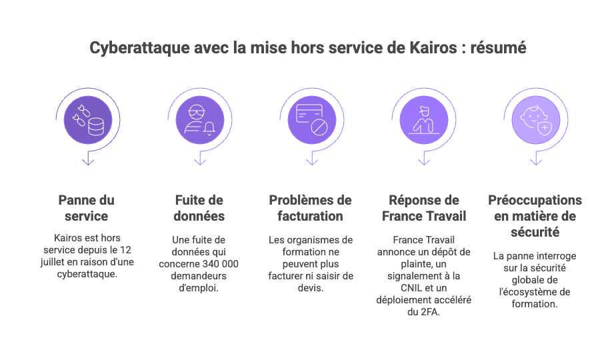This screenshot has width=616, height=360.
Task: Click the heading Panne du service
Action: [x=87, y=208]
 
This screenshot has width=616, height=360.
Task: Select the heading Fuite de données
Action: [x=199, y=208]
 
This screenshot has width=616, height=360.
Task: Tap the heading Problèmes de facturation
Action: [x=310, y=208]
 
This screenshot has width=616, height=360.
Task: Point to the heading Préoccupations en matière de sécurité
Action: [x=535, y=216]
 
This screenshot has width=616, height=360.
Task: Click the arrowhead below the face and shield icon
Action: [x=535, y=161]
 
